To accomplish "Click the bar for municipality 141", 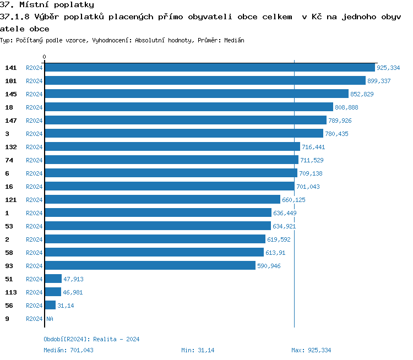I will tap(209, 67).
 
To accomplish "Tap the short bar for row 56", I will tap(50, 305).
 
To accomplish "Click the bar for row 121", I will tap(162, 199).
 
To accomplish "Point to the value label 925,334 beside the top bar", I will tap(388, 68).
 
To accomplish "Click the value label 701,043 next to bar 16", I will tap(308, 187).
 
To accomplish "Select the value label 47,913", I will tap(73, 279).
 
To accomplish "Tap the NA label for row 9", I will tap(50, 319).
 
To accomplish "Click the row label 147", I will tap(11, 120).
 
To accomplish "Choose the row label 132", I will tap(11, 146).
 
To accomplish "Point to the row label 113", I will tap(11, 292).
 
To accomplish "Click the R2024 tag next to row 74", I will tap(34, 160).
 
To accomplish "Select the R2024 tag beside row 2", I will tap(34, 239).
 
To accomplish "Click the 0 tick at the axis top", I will tap(45, 57).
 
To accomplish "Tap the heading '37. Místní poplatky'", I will tap(47, 5).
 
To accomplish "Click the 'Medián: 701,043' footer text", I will tap(68, 350).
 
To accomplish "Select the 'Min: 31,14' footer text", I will tap(198, 350).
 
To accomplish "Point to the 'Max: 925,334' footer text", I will tap(311, 350).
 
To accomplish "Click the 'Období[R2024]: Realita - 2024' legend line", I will tap(91, 339).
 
